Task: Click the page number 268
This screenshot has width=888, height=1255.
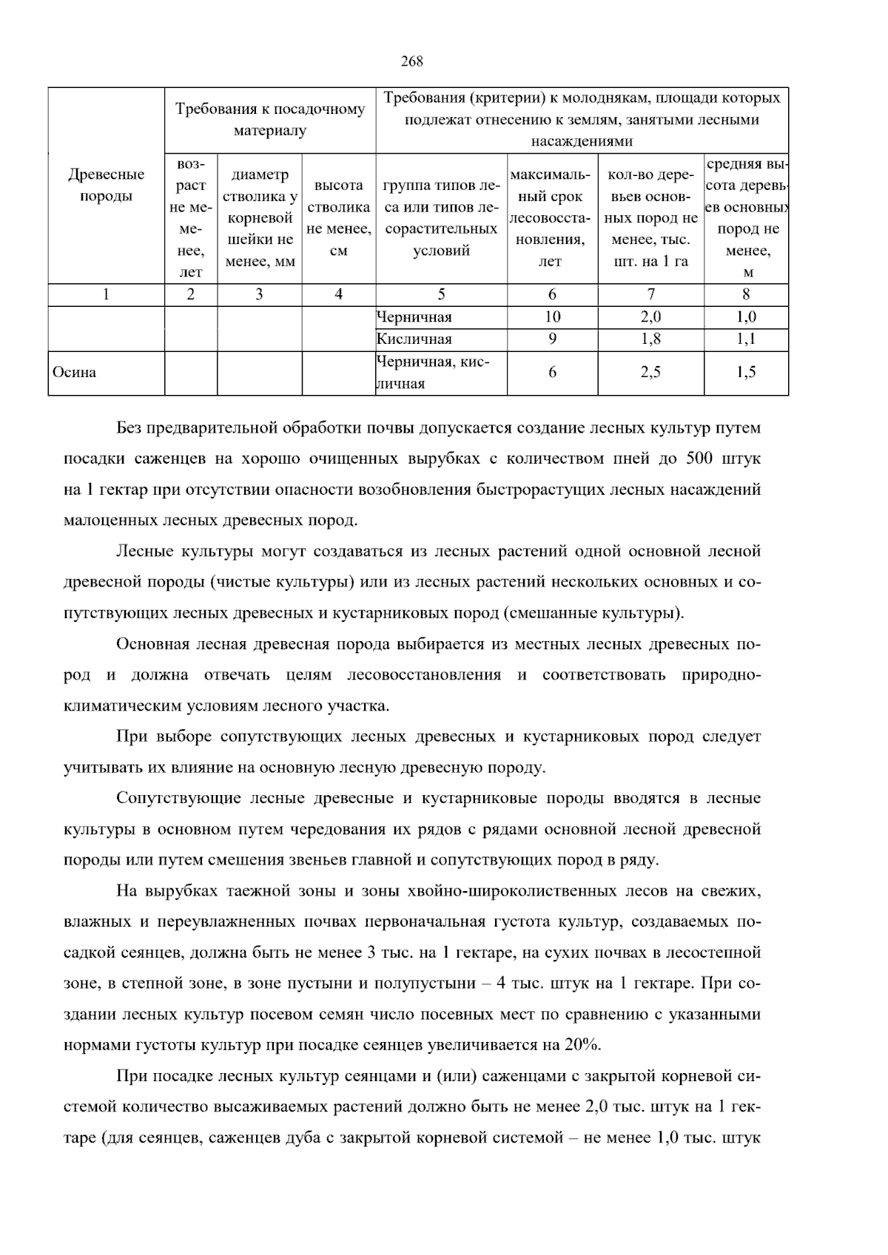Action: (411, 62)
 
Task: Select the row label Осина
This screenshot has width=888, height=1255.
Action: (74, 373)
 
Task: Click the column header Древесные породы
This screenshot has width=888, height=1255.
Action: (107, 186)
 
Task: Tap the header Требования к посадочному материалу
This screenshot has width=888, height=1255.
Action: (270, 120)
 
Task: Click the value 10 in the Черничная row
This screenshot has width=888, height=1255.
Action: (552, 317)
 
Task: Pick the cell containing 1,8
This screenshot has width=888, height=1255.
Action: (650, 339)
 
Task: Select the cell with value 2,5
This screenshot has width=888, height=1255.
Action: (650, 373)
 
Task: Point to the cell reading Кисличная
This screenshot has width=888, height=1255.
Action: (414, 339)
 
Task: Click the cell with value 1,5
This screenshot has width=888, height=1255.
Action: (746, 373)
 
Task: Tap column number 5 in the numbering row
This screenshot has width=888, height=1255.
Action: (441, 294)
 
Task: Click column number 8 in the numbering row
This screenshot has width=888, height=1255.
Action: (746, 294)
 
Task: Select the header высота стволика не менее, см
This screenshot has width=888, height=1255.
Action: (338, 218)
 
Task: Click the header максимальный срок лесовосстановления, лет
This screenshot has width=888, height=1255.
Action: (552, 218)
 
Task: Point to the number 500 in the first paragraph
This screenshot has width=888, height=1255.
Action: (700, 459)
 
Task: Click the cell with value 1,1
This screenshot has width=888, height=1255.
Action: (746, 339)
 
